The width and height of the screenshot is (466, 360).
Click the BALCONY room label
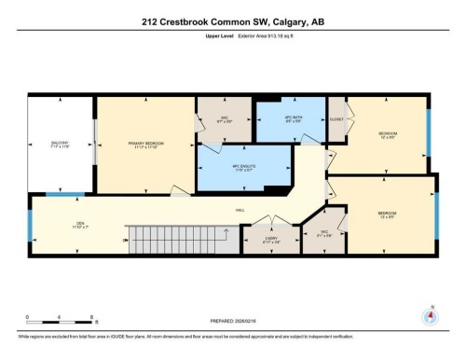[x=60, y=143]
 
